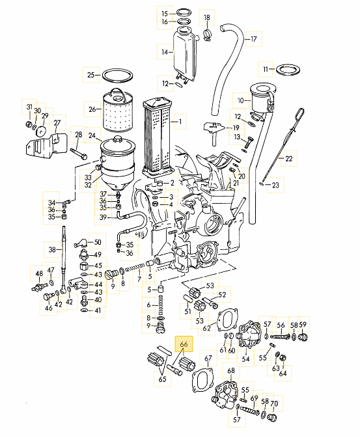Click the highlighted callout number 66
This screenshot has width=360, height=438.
coord(184,344)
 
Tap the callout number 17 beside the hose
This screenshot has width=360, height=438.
coord(253,39)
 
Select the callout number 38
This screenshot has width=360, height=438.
coord(52,249)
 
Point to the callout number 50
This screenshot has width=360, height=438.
coord(98,242)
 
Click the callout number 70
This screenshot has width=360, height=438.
coord(274,404)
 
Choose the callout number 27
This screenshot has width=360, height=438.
coord(57,123)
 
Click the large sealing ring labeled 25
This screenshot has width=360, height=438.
coord(117,75)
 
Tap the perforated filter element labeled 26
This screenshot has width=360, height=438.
coord(118,111)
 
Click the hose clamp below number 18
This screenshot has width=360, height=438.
coord(207,35)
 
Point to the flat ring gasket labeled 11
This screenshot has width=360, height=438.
coord(288,70)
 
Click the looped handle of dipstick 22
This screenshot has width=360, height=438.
coord(299,114)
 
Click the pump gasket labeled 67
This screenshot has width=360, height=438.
coord(202,381)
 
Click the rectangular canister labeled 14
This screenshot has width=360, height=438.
coord(184,53)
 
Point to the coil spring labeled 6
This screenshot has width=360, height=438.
coord(160,305)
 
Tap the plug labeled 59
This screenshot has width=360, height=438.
coord(303,336)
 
